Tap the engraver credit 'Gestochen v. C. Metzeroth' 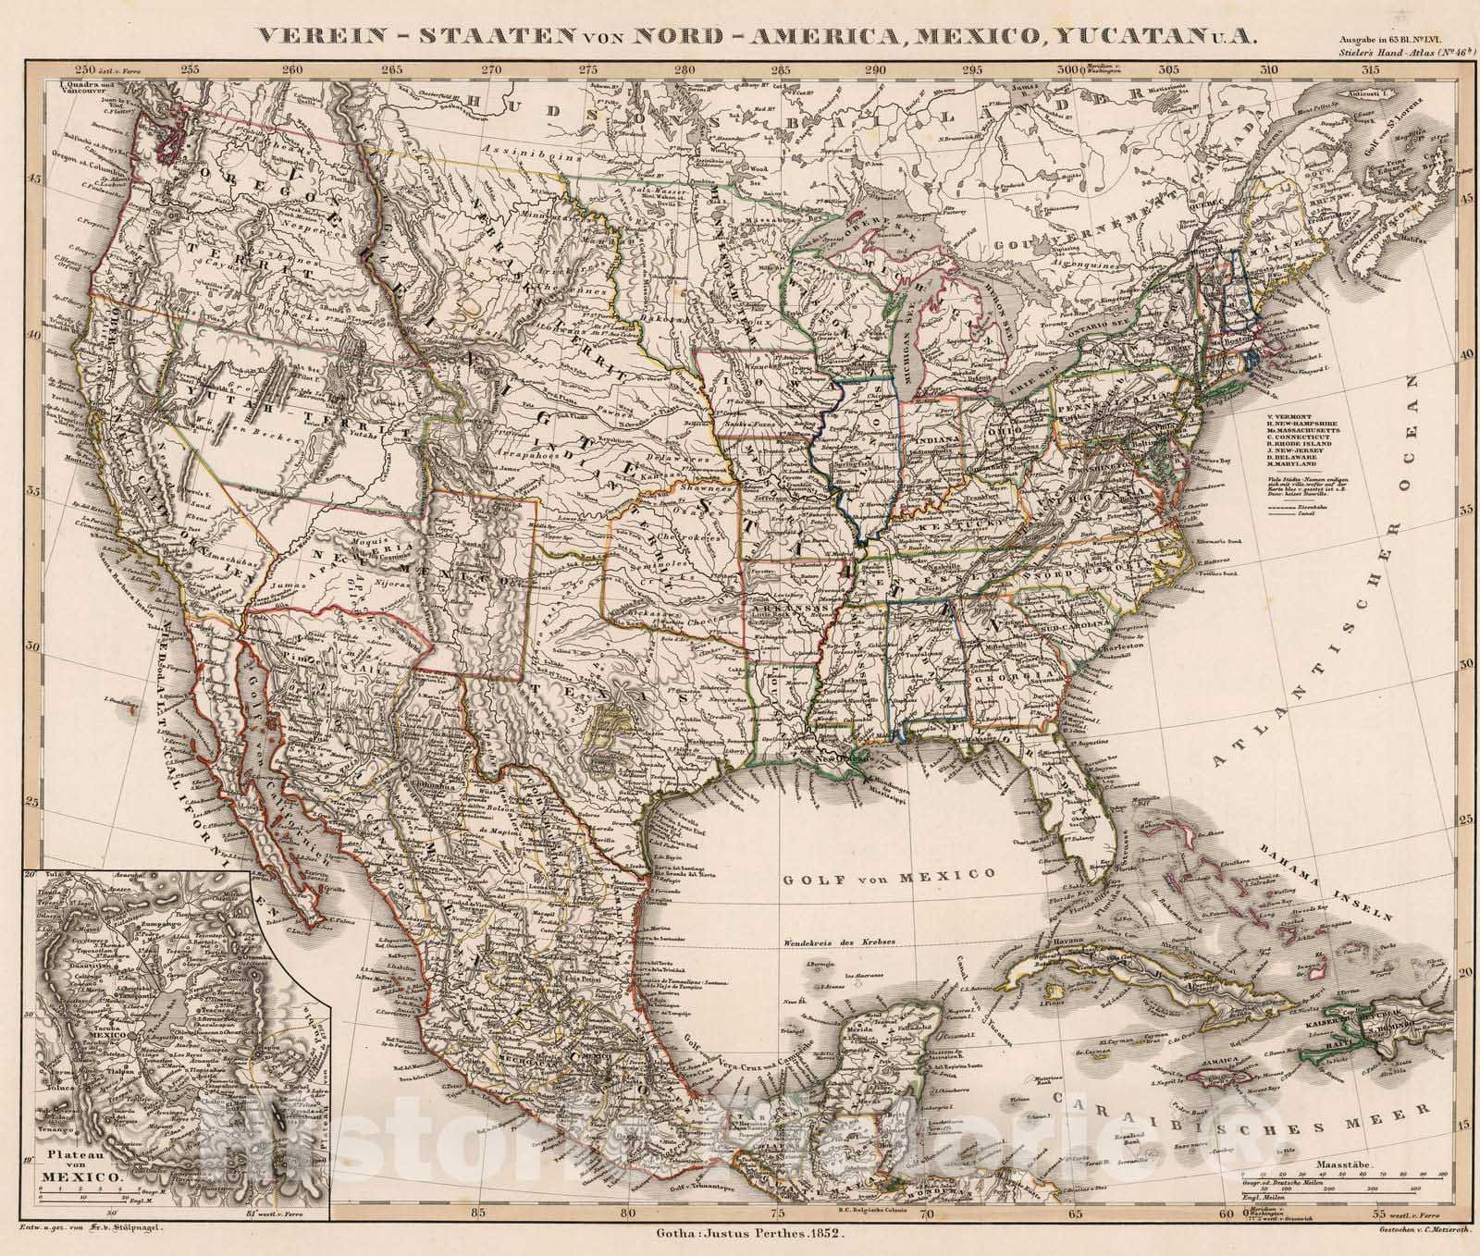click(1367, 1235)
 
